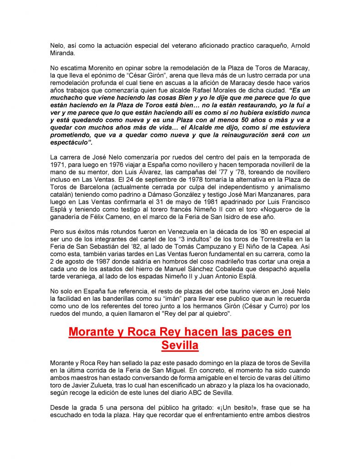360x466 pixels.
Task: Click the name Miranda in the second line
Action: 62,53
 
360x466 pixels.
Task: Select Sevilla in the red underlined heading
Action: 180,345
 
